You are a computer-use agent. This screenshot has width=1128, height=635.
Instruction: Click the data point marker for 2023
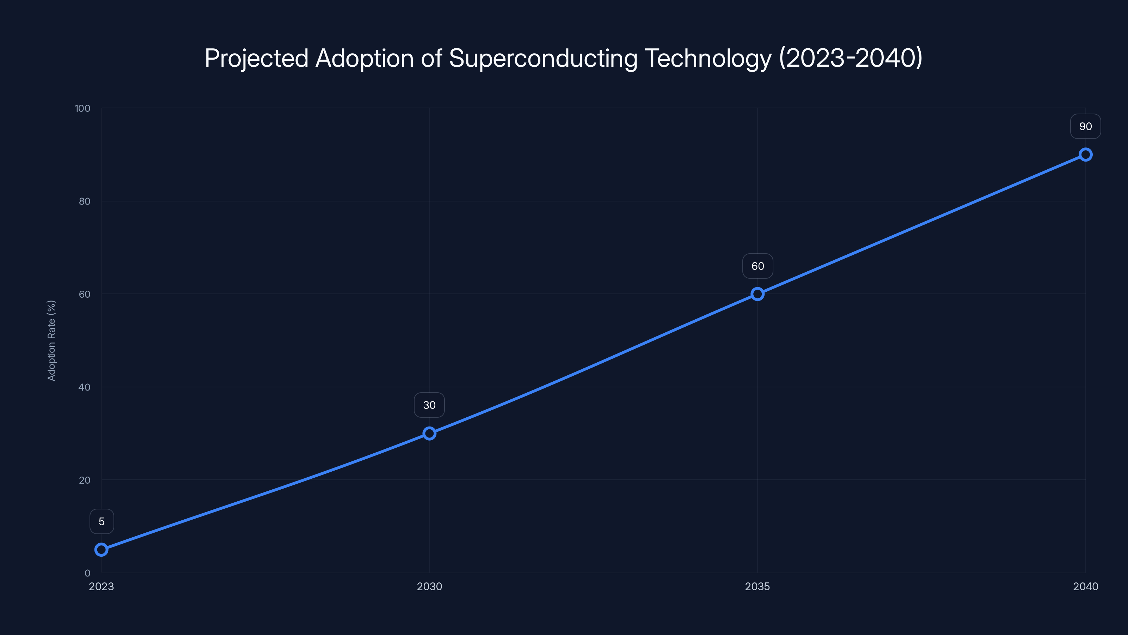coord(101,550)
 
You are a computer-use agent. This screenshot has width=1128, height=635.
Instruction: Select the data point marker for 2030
coord(429,434)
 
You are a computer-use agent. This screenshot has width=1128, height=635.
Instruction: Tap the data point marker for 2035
coord(758,294)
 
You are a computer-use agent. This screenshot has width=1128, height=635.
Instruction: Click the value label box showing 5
coord(102,521)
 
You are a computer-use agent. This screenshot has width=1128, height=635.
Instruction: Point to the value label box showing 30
coord(429,405)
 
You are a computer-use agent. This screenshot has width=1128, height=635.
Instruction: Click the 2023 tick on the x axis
coord(101,586)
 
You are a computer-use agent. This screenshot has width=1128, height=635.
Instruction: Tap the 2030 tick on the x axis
coord(429,586)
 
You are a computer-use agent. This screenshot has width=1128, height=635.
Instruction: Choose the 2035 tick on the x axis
coord(758,586)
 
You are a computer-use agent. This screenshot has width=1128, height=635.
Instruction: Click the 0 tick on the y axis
coord(87,573)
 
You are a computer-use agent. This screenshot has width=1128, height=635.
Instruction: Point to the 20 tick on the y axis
coord(85,480)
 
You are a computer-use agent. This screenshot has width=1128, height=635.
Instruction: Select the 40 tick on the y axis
coord(85,387)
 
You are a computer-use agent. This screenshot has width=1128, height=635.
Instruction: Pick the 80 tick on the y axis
coord(85,201)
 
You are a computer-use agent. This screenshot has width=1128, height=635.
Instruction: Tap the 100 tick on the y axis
coord(82,108)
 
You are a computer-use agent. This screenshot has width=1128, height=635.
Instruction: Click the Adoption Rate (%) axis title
coord(51,340)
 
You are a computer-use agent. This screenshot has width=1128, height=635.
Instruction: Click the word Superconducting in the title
coord(543,58)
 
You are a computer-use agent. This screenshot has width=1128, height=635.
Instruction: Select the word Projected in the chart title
coord(256,58)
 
